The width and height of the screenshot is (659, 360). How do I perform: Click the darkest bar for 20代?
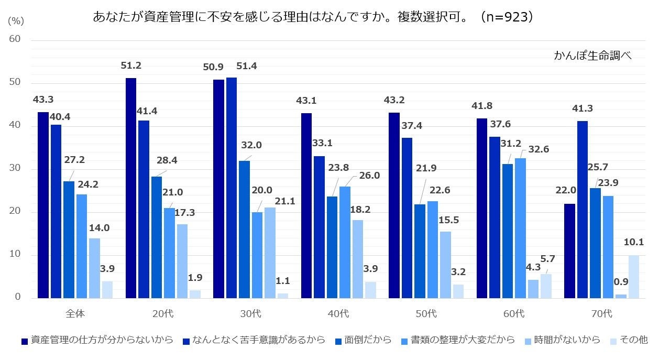(131, 188)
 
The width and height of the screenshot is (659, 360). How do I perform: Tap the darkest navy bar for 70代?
(569, 251)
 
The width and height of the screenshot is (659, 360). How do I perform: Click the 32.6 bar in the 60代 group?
(520, 228)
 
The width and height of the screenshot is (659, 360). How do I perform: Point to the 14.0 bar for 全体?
(94, 268)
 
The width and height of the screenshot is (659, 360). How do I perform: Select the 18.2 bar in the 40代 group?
(357, 259)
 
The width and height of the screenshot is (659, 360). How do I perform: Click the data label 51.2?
(131, 66)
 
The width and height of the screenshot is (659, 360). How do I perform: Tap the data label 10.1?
(634, 242)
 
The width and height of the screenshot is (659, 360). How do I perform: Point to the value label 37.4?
(412, 126)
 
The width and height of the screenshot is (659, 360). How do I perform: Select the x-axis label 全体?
(75, 314)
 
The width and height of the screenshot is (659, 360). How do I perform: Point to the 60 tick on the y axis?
(15, 39)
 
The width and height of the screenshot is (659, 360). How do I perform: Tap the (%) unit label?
(17, 21)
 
